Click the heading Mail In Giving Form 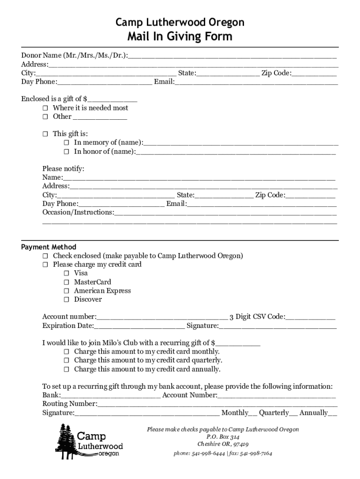(180, 36)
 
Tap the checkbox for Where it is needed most (45, 108)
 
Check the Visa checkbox (66, 273)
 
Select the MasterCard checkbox (66, 282)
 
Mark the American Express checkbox (66, 291)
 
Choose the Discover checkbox (66, 299)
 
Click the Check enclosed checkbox (45, 256)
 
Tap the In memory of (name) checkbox (66, 143)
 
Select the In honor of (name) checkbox (66, 152)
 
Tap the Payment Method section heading (49, 247)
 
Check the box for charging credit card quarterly (66, 361)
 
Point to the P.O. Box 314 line (223, 437)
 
